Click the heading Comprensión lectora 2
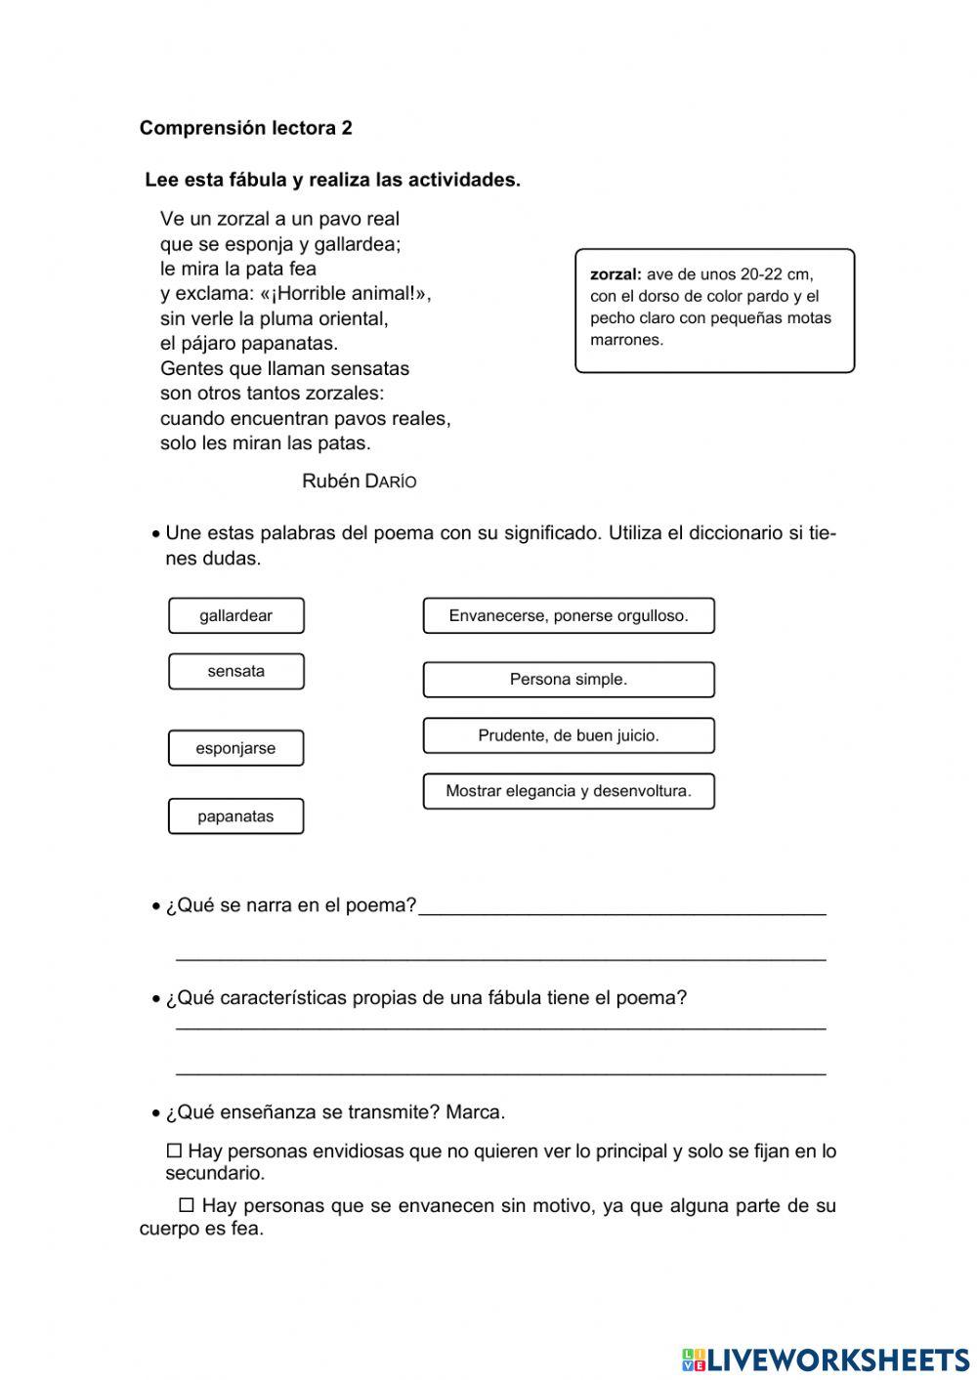pos(245,128)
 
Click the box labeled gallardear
pos(235,615)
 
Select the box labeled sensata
pos(235,671)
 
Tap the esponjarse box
pos(235,748)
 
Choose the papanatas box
pos(235,816)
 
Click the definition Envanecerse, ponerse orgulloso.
pos(569,615)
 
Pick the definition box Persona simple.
pos(569,679)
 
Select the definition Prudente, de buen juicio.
pos(569,735)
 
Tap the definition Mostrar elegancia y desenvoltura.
pos(569,791)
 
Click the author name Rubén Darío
pos(360,481)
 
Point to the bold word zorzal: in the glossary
pos(616,274)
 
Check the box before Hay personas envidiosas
pos(175,1151)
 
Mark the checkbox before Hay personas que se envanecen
pos(187,1206)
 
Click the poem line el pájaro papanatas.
pos(249,343)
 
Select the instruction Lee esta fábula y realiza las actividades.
pos(332,180)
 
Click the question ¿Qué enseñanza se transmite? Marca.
pos(335,1112)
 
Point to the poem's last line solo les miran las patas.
pos(266,443)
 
